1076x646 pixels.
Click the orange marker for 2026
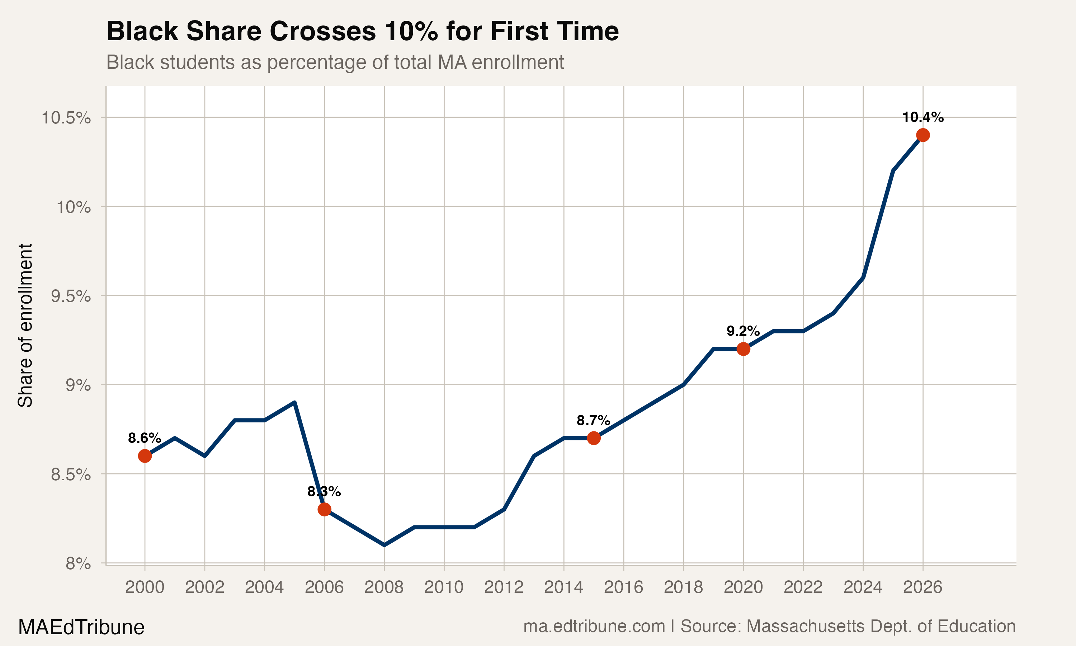point(922,135)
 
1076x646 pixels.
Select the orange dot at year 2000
point(145,456)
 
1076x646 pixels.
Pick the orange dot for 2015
point(594,438)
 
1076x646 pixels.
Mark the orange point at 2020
point(743,349)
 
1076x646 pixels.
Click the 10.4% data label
point(922,117)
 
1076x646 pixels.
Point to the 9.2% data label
point(743,331)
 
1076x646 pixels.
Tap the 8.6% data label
point(145,438)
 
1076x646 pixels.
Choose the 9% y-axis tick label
point(78,385)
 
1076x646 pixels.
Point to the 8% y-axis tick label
point(78,564)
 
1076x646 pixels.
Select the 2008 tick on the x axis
point(384,587)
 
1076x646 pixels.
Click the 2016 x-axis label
point(623,587)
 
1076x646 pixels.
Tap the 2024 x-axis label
point(863,587)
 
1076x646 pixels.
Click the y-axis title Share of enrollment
point(25,325)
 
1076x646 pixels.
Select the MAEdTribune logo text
point(81,627)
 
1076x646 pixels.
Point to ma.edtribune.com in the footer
point(594,626)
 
